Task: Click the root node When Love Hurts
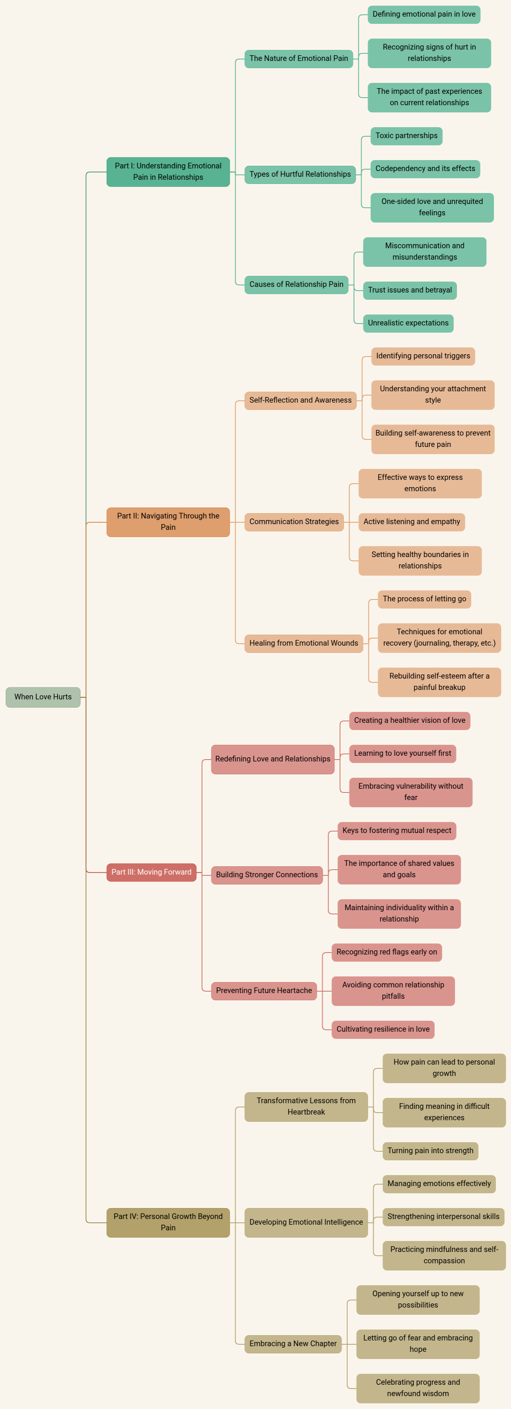coord(43,697)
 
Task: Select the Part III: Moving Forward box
coord(152,872)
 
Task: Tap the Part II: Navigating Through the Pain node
coord(168,522)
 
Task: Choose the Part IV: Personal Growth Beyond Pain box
coord(168,1222)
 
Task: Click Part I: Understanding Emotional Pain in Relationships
coord(168,172)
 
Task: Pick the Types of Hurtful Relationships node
coord(300,174)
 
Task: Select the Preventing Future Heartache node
coord(264,990)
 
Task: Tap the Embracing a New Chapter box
coord(293,1344)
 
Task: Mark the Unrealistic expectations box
coord(408,323)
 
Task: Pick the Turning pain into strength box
coord(430,1150)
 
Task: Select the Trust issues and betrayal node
coord(410,290)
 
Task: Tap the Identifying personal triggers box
coord(423,356)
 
